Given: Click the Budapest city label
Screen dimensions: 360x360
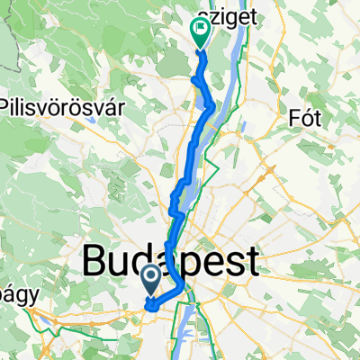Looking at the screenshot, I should (x=171, y=261).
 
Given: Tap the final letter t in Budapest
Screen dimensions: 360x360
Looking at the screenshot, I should (x=252, y=261).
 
